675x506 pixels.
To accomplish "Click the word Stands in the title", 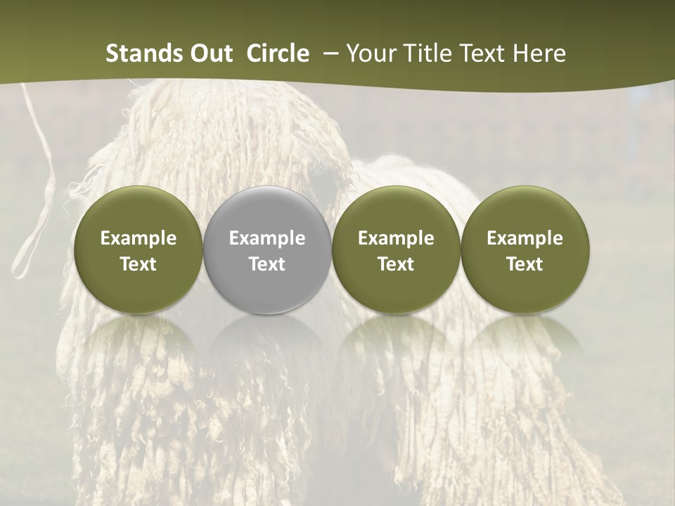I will point(145,53).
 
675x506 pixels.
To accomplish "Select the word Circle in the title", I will point(278,53).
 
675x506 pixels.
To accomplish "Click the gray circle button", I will point(267,250).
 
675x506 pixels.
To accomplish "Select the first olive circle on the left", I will point(139,250).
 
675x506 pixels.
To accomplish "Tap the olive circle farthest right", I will point(525,250).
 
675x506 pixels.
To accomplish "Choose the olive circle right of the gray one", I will point(396,250).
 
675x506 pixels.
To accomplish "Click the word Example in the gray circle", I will point(267,238).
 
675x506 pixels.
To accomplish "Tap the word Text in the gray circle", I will point(267,264).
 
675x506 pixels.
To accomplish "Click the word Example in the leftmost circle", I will point(139,238).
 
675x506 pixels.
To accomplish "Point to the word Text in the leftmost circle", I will point(139,264).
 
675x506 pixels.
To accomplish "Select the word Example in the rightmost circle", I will point(525,238).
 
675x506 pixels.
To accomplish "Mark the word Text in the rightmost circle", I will point(525,264).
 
